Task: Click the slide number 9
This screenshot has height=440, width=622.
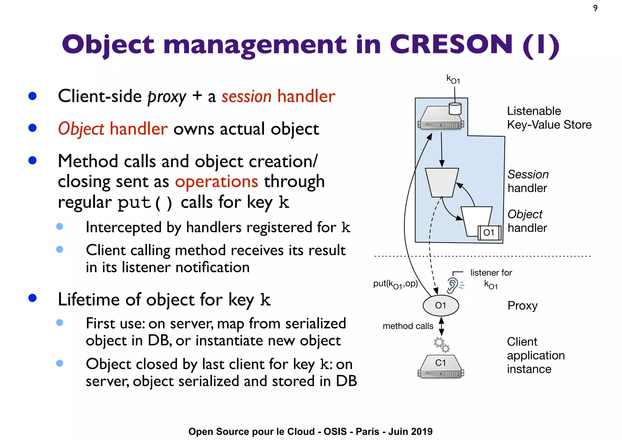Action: (x=595, y=8)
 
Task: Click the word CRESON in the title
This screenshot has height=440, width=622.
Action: (x=451, y=44)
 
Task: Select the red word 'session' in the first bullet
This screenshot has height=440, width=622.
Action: (x=246, y=97)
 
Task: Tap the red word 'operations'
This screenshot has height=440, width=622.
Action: (x=217, y=182)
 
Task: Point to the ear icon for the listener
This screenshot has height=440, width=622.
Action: (x=453, y=285)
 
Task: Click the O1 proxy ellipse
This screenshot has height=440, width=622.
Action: (x=441, y=306)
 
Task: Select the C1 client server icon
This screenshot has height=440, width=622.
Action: (x=441, y=366)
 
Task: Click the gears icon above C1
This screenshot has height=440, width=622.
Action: (x=441, y=345)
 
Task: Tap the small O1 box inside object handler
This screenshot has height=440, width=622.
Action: (x=489, y=233)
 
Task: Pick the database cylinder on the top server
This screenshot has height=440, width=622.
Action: (x=455, y=109)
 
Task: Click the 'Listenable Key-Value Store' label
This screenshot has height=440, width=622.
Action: (x=549, y=118)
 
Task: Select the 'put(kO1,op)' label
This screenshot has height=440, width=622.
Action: (x=395, y=284)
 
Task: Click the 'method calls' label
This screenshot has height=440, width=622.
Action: (x=408, y=326)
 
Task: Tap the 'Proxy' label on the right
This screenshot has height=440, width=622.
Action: (x=522, y=306)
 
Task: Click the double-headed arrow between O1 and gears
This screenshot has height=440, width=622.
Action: (x=442, y=326)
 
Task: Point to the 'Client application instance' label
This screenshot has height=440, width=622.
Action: (x=535, y=355)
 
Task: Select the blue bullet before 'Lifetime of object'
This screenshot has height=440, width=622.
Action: (x=32, y=298)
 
